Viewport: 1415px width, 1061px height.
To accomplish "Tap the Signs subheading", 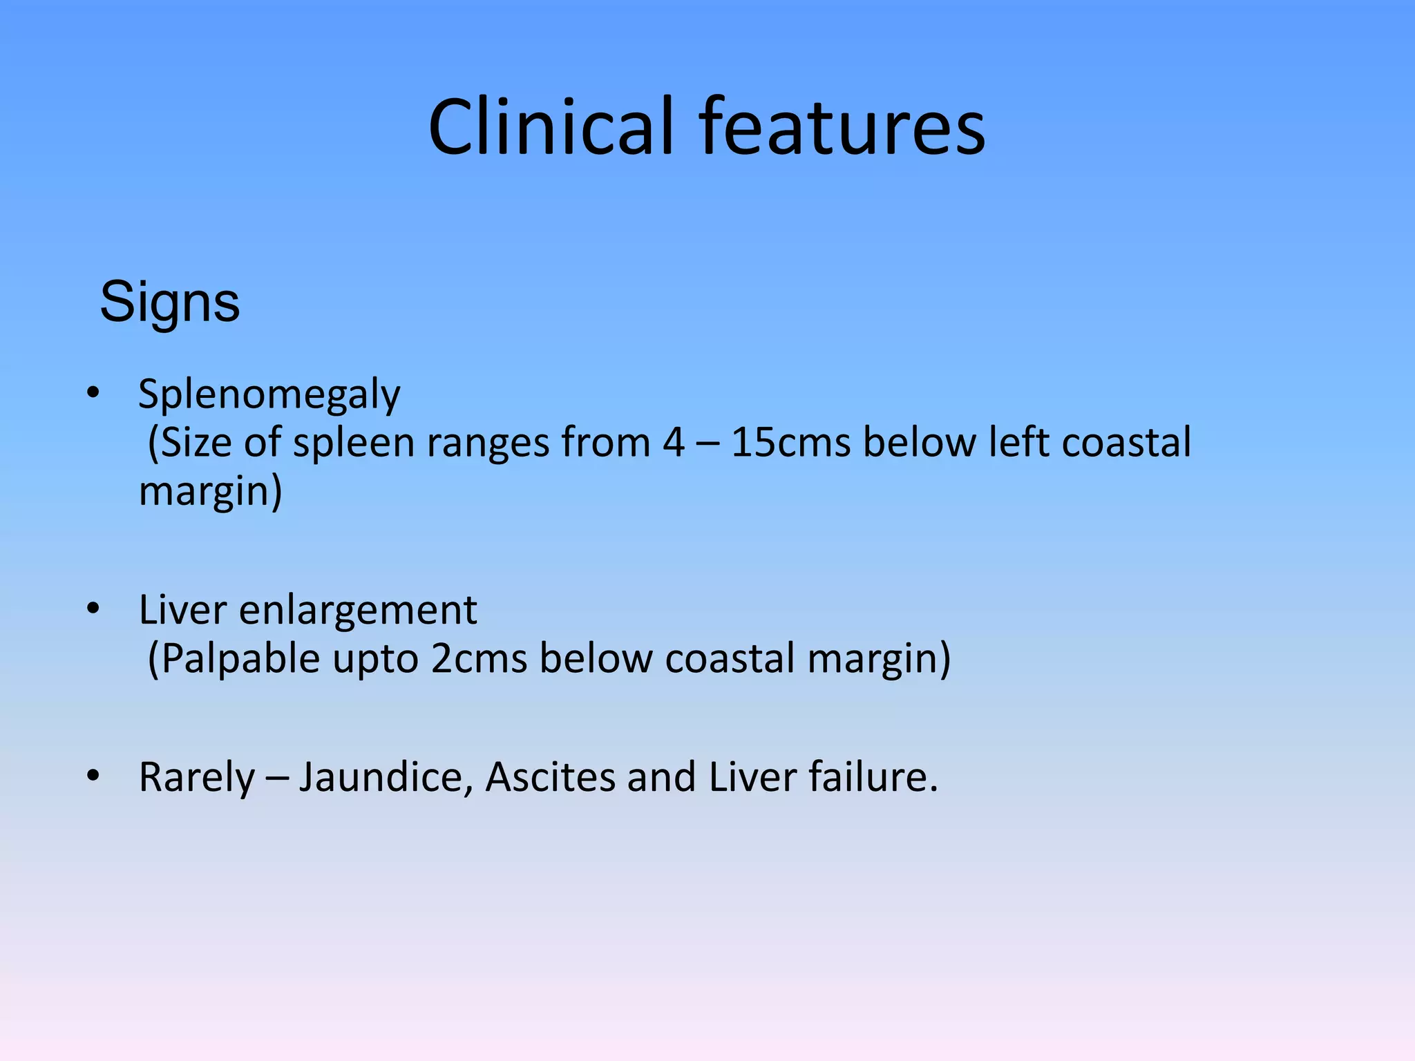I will pos(170,302).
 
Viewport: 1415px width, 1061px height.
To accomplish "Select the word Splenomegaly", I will pos(269,395).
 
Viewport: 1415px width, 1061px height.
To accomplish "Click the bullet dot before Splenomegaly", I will pos(93,393).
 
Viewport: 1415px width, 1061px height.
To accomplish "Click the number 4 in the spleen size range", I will pos(673,443).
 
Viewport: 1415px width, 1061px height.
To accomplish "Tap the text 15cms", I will pos(790,443).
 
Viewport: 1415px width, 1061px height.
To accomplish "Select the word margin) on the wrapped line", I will pos(211,492).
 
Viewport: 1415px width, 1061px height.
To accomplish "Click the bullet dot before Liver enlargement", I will pos(93,609).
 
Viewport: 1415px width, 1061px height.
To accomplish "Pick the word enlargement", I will pos(357,611).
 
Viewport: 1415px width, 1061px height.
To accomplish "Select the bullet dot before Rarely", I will pos(93,776).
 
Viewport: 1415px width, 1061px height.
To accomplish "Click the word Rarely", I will pos(197,778).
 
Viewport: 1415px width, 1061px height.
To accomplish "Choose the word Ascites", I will pos(550,778).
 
